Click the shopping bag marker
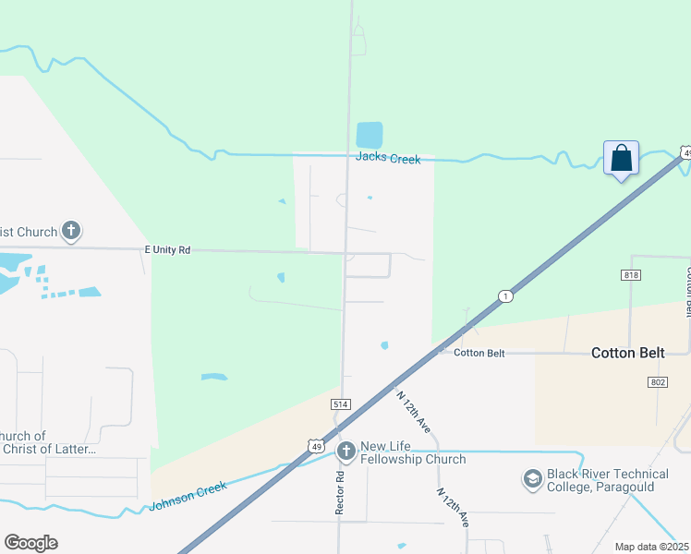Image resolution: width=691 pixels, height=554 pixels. coord(621,159)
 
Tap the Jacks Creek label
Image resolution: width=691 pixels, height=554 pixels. coord(388,159)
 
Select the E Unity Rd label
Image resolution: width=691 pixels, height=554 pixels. coord(167,249)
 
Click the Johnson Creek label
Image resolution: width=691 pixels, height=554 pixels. coord(188,497)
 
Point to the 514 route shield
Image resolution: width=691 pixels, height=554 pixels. coord(340,404)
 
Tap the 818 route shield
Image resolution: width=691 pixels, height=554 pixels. coord(631,275)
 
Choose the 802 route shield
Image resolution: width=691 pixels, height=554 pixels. coord(658,382)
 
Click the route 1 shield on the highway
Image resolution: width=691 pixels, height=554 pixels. coord(504,296)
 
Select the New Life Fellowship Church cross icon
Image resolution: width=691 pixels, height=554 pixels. coord(346,452)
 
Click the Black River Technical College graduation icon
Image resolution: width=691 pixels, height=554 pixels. coord(532,478)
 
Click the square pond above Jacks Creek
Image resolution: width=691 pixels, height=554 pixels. coord(370,135)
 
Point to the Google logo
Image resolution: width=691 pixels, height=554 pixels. coord(30,543)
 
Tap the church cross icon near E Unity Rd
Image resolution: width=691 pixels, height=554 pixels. coord(72,231)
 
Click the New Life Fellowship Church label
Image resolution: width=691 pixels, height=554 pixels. coord(413,452)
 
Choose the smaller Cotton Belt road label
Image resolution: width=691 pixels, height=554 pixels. coord(479,353)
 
